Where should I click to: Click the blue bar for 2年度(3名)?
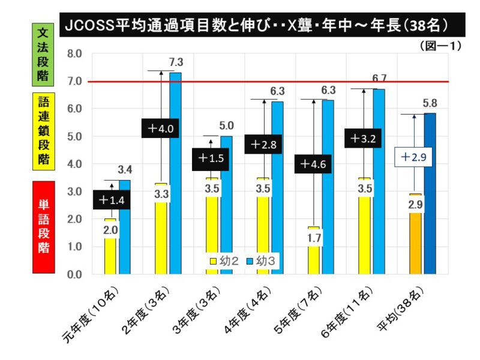click(x=175, y=174)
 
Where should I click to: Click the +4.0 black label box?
click(x=161, y=128)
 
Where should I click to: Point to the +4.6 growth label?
click(x=314, y=164)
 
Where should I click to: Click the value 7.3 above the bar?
click(x=176, y=61)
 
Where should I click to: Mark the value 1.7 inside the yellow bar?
click(x=314, y=239)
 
